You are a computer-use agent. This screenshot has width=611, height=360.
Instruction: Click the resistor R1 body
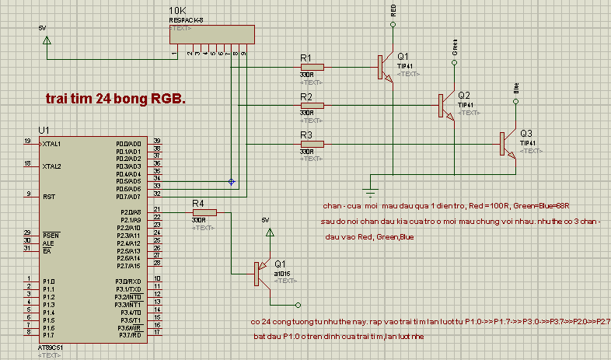(x=312, y=66)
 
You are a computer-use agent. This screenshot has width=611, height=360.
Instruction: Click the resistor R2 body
(x=312, y=105)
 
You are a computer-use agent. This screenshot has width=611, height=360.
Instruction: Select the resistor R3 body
(x=312, y=143)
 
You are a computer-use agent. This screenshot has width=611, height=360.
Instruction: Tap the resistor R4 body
(x=204, y=211)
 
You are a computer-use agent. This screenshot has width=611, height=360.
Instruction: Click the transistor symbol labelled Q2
(x=445, y=105)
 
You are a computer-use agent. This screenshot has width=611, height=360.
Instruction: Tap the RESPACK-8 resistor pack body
(x=211, y=35)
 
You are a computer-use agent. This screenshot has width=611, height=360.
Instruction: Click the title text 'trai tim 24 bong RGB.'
(x=116, y=100)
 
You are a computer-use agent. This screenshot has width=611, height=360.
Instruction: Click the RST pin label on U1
(x=47, y=197)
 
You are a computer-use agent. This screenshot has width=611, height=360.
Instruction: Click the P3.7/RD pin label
(x=127, y=334)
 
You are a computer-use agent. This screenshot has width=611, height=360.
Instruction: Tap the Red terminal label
(x=394, y=10)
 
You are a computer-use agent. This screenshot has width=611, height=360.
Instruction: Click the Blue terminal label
(x=516, y=86)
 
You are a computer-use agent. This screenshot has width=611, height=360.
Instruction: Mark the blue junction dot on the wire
(x=231, y=181)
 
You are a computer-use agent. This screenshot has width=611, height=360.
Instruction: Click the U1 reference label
(x=44, y=129)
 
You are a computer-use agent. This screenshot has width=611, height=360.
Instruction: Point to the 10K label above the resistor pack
(x=176, y=12)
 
